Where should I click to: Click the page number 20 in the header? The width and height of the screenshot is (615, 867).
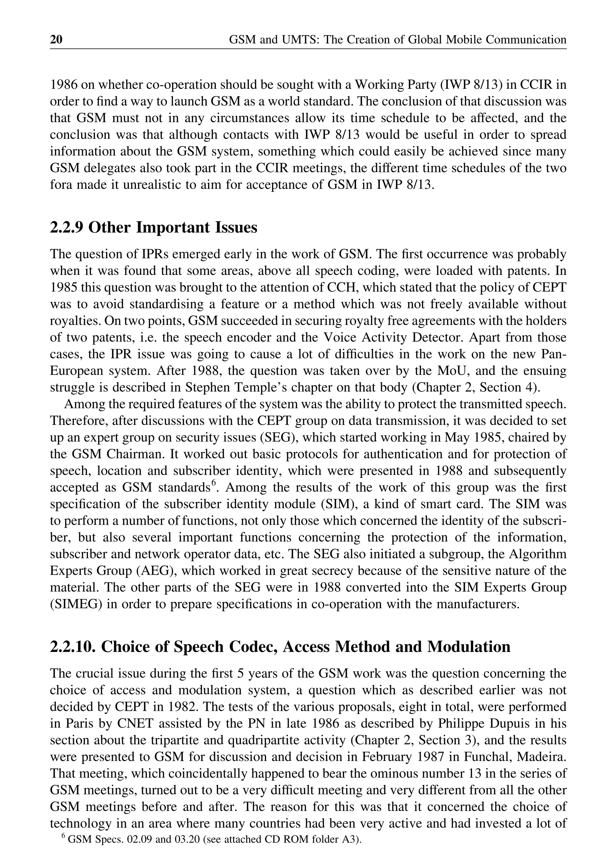56,39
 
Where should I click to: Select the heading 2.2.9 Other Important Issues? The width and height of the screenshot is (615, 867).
153,228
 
